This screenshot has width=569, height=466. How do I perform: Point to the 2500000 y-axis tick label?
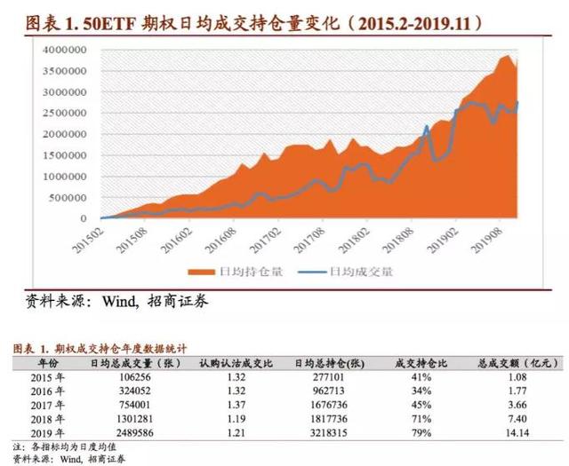(x=69, y=113)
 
